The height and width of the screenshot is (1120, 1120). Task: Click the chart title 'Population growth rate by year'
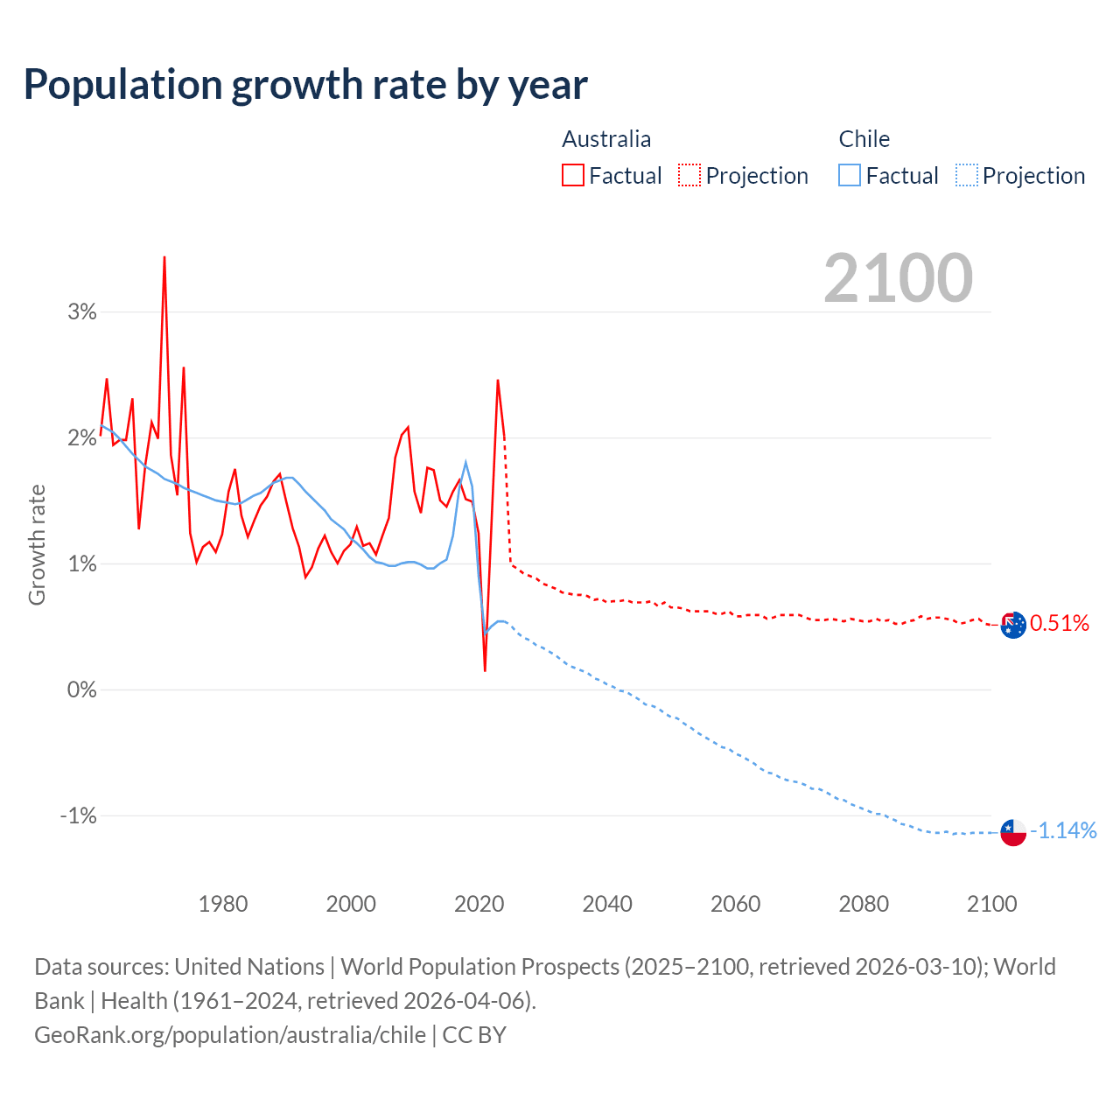305,85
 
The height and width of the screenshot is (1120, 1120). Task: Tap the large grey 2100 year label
898,278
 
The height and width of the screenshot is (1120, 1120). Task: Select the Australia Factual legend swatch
573,175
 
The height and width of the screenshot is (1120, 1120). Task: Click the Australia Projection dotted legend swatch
689,175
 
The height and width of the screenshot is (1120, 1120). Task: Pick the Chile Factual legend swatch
850,175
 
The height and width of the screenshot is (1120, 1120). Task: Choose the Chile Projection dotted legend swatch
967,175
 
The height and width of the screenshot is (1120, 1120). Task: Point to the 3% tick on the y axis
82,311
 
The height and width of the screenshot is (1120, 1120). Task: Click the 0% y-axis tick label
82,689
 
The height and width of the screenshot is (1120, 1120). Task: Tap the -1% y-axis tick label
79,815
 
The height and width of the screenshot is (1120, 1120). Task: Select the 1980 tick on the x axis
223,904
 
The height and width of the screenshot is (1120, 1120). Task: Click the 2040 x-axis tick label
607,904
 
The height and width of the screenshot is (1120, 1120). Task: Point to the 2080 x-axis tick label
864,904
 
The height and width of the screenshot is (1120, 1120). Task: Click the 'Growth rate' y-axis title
37,544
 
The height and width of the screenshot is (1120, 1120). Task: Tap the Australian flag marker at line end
1013,625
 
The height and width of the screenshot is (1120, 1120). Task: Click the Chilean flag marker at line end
1013,832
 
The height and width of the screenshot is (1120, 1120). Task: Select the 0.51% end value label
1060,624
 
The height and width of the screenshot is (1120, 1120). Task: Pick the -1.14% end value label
1063,831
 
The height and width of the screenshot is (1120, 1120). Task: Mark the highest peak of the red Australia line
164,257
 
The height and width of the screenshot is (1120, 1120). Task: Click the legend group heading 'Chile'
864,139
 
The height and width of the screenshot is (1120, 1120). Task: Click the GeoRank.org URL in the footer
230,1035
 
